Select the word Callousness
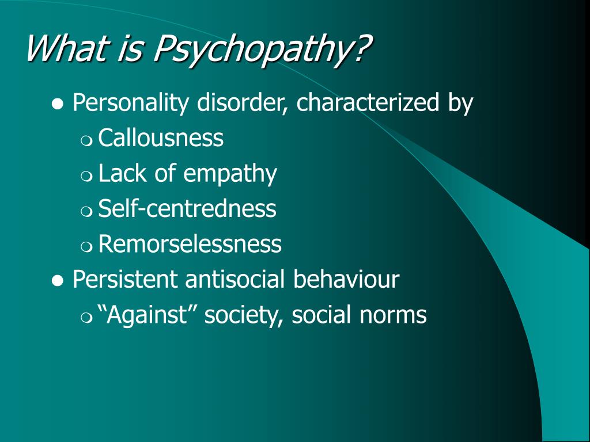pos(161,138)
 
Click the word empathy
pos(230,174)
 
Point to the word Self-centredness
pos(187,208)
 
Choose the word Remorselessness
pos(190,243)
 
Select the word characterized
pos(368,102)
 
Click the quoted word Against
pos(143,314)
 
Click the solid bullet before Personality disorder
pos(57,104)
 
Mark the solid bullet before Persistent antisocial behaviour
pos(57,280)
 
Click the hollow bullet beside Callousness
pos(86,140)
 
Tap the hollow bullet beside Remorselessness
pos(86,246)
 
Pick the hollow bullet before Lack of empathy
pos(86,176)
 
